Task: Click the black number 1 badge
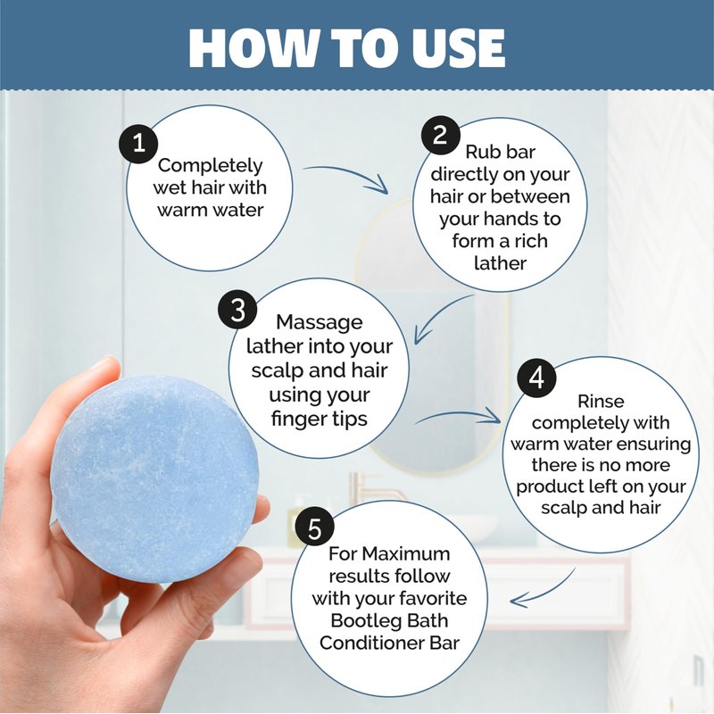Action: pos(138,144)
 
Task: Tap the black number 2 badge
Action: pos(440,136)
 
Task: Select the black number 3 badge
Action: pos(237,310)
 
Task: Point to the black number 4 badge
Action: pos(536,378)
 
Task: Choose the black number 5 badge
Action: pos(315,528)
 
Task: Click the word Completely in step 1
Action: pos(210,166)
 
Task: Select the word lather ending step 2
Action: pos(500,262)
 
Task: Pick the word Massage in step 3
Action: pos(320,323)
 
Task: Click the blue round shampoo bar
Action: pos(154,478)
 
